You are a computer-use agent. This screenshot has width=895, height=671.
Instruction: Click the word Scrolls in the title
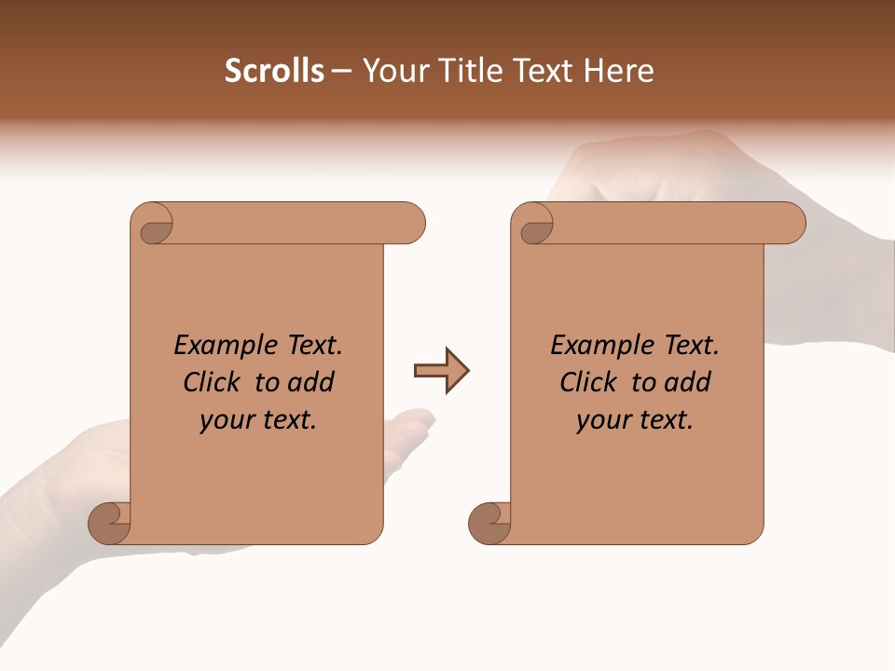coord(274,71)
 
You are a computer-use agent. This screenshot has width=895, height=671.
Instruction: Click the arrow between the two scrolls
coord(441,371)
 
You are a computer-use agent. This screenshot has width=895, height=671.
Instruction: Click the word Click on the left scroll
coord(213,383)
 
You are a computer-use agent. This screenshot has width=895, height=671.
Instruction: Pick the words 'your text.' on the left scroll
coord(258,420)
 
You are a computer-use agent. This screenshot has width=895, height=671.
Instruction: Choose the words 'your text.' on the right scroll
coord(635,420)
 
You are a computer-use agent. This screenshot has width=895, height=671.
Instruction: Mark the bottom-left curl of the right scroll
coord(489,523)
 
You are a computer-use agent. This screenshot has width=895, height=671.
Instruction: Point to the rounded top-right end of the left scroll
coord(410,224)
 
